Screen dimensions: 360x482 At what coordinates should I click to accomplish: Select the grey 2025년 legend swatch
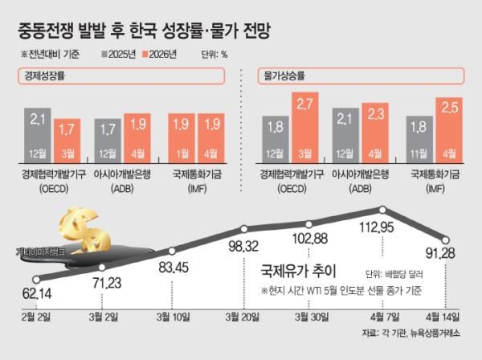tap(105, 56)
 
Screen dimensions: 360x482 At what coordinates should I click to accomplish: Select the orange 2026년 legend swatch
tap(153, 56)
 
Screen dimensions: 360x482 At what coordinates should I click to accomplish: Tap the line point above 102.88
tap(308, 224)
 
